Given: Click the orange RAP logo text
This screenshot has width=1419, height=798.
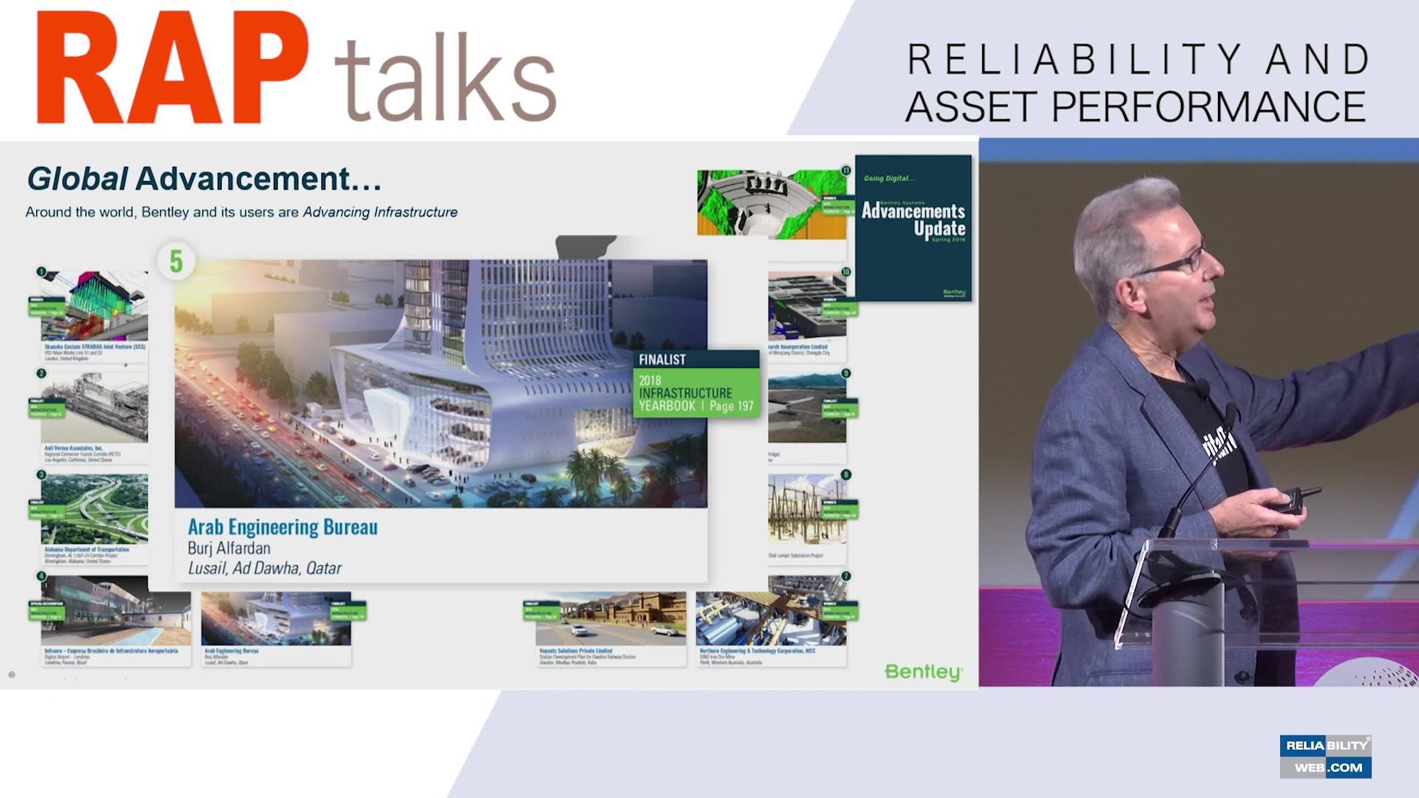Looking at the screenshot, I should pyautogui.click(x=171, y=68).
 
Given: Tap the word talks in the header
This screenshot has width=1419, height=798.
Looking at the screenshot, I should pyautogui.click(x=445, y=79).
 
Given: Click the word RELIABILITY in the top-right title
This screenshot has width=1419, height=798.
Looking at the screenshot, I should pyautogui.click(x=1075, y=60).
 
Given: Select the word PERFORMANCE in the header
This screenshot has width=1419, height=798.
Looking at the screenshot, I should pyautogui.click(x=1208, y=107).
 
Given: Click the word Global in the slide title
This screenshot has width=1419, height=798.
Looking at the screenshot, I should pyautogui.click(x=77, y=179).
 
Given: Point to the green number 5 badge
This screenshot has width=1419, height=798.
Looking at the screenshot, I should pyautogui.click(x=176, y=261).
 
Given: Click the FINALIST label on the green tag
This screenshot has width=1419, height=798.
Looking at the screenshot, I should pyautogui.click(x=662, y=360).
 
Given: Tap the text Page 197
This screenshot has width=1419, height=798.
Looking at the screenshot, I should pyautogui.click(x=731, y=406).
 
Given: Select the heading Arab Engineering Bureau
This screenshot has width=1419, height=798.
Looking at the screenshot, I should pyautogui.click(x=282, y=527).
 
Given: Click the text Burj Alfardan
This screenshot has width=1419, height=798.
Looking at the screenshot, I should pyautogui.click(x=229, y=548).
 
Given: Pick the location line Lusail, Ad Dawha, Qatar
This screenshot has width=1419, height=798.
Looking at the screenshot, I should pyautogui.click(x=265, y=568).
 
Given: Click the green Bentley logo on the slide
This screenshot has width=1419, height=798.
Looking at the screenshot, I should pyautogui.click(x=923, y=672).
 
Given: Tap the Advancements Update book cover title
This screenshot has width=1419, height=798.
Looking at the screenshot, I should pyautogui.click(x=913, y=219).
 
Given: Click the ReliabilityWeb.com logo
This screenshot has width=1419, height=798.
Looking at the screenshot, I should pyautogui.click(x=1326, y=756).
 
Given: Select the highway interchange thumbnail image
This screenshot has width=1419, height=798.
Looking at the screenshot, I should pyautogui.click(x=95, y=508).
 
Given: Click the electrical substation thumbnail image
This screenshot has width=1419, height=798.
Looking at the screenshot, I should pyautogui.click(x=806, y=509).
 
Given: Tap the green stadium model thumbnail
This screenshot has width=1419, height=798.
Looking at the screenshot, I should pyautogui.click(x=771, y=203).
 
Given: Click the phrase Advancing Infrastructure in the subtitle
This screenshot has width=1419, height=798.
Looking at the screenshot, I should pyautogui.click(x=380, y=213).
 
